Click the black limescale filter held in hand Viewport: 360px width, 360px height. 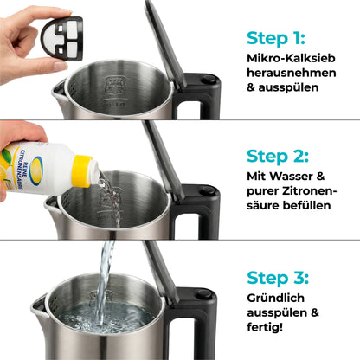(54, 39)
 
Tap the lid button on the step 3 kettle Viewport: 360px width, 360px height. (203, 294)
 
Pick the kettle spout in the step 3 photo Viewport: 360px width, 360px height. (38, 305)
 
